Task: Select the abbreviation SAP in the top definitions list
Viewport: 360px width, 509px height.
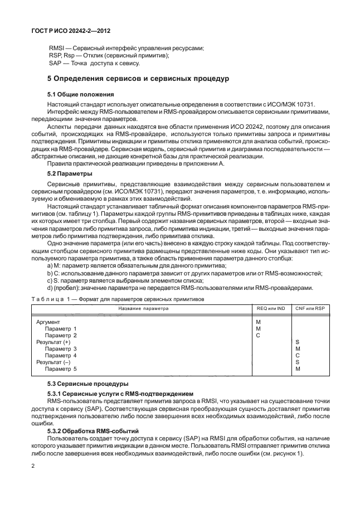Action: [x=55, y=64]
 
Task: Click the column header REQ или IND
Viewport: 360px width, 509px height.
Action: [x=270, y=308]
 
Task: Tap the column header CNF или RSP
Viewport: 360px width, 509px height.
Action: [x=309, y=308]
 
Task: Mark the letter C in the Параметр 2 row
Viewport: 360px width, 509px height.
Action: [x=258, y=336]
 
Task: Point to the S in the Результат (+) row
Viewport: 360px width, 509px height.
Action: [x=298, y=342]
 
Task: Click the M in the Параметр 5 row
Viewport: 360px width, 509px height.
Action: [x=298, y=369]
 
